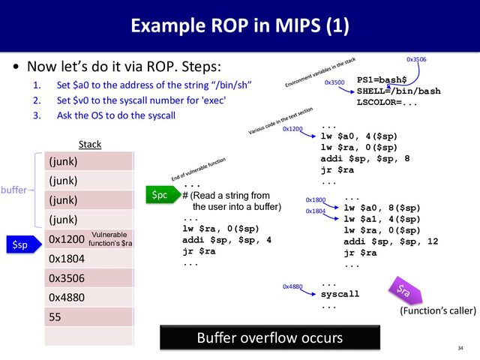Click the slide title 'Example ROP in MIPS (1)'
239,28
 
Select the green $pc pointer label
160,195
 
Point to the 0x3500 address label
334,82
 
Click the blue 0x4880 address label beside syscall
292,287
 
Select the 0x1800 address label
316,200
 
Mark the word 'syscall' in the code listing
340,294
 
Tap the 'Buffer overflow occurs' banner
270,337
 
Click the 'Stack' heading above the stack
90,143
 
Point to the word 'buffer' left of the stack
13,190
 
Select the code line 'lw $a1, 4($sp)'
382,219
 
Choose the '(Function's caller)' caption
438,309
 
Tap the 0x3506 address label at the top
416,58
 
